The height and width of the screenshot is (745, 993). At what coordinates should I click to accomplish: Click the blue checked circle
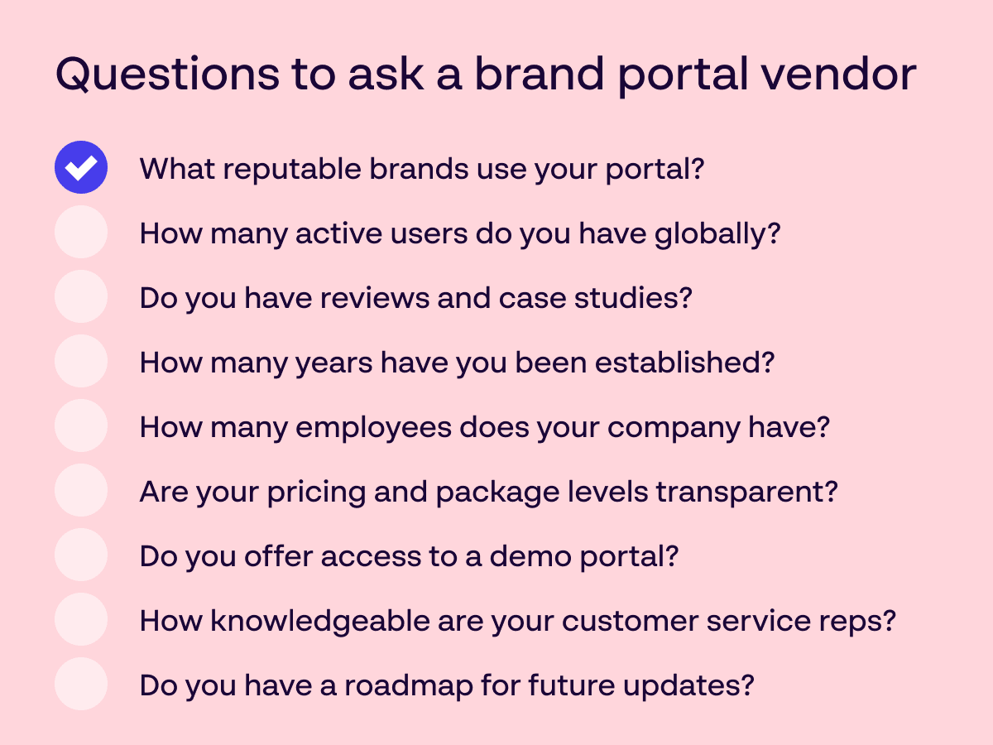click(81, 167)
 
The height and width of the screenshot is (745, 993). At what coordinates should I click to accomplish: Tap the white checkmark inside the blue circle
click(81, 168)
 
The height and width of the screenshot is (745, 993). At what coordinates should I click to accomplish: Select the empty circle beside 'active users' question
click(81, 232)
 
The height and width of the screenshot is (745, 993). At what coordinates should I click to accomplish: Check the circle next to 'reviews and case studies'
click(81, 296)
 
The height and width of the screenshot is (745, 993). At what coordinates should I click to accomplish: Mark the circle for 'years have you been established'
click(81, 361)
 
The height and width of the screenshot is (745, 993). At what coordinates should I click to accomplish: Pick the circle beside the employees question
click(81, 425)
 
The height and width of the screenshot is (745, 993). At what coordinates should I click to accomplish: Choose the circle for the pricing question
click(81, 490)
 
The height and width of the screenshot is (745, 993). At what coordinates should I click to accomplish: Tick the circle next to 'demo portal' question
click(81, 555)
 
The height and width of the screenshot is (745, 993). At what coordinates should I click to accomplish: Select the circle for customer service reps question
click(81, 619)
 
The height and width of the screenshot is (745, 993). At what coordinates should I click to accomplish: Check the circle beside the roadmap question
click(81, 684)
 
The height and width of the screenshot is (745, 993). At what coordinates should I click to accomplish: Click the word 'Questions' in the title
click(168, 74)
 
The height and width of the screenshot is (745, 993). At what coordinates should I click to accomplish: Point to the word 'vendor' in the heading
click(839, 74)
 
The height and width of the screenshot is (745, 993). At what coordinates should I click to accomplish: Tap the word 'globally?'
click(718, 235)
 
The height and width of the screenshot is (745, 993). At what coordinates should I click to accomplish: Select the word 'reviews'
click(375, 299)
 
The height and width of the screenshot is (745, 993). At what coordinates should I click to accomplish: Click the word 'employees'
click(374, 429)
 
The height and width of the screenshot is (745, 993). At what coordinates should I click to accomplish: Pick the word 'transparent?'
click(747, 493)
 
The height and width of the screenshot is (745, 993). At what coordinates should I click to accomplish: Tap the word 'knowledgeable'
click(320, 622)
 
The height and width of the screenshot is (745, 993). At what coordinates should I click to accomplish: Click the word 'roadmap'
click(409, 687)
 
